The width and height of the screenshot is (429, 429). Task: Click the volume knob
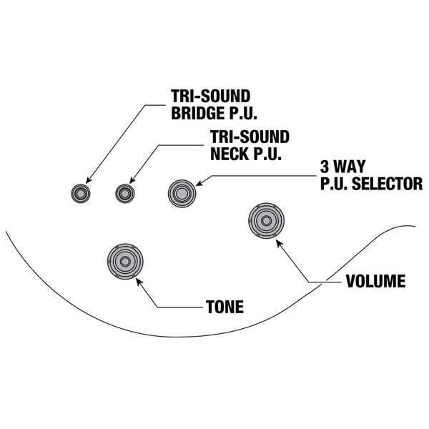pyautogui.click(x=268, y=222)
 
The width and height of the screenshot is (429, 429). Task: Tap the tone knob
pyautogui.click(x=126, y=262)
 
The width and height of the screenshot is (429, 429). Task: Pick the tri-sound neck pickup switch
pyautogui.click(x=125, y=192)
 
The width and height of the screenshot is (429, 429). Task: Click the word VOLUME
pyautogui.click(x=375, y=280)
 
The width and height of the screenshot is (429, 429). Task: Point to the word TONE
pyautogui.click(x=224, y=308)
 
